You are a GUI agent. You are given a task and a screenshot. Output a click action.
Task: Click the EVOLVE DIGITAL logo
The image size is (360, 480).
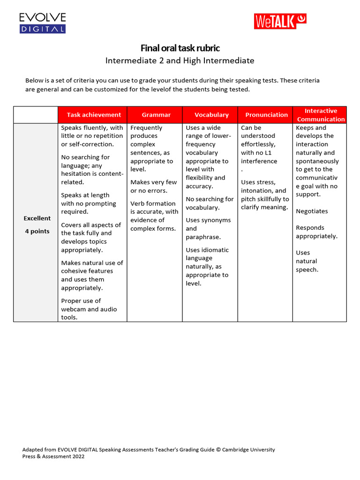click(x=42, y=23)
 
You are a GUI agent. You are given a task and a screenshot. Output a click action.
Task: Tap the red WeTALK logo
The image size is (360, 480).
click(x=280, y=21)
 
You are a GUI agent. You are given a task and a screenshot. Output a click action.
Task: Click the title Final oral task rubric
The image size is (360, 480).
click(x=180, y=48)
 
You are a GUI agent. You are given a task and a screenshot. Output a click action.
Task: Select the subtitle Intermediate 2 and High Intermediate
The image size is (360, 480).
click(x=180, y=60)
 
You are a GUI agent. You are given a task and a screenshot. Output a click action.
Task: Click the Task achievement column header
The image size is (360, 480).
click(x=94, y=115)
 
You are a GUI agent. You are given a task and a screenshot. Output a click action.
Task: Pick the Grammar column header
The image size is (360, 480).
click(x=156, y=115)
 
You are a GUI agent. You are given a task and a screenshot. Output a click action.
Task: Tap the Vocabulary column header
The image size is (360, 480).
click(x=211, y=115)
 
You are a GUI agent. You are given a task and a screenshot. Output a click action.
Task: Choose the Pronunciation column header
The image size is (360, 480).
click(x=266, y=115)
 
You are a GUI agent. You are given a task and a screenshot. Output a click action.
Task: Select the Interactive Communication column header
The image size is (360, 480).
click(x=321, y=115)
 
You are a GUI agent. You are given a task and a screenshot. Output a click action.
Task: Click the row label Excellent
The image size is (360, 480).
click(x=37, y=218)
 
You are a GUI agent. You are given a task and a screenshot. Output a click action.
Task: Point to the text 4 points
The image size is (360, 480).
click(x=37, y=232)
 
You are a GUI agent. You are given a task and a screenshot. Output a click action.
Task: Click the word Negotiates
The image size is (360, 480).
click(x=312, y=211)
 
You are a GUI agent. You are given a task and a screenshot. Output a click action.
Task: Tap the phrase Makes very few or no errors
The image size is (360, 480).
click(x=153, y=187)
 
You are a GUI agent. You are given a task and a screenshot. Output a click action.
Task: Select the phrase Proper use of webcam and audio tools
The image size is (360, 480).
click(x=89, y=309)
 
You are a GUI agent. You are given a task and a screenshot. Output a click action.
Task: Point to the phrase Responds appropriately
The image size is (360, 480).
click(x=316, y=232)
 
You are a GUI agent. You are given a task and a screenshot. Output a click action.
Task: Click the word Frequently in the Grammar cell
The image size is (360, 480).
click(x=146, y=128)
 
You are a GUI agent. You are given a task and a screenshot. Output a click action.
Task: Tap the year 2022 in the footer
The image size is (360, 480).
click(x=77, y=457)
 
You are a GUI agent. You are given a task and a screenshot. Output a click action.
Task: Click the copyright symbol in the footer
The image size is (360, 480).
click(x=218, y=450)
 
